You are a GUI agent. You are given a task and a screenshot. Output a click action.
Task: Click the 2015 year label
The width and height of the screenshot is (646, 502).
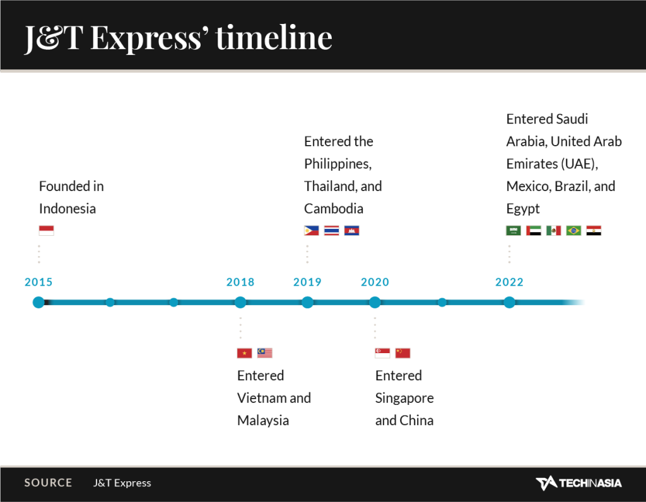click(38, 282)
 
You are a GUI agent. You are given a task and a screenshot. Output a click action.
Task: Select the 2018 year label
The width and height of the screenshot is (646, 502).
click(240, 282)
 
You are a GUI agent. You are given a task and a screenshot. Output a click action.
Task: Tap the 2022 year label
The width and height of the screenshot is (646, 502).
click(509, 282)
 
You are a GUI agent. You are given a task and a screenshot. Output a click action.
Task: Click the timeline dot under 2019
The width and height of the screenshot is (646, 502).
click(307, 302)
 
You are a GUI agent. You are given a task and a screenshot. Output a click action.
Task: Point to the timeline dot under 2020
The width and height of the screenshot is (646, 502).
click(375, 302)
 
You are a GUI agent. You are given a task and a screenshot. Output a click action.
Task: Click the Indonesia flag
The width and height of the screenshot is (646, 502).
click(46, 231)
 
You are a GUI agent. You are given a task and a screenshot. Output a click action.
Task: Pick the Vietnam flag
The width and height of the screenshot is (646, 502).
click(244, 353)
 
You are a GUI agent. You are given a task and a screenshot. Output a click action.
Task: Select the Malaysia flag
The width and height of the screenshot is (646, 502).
click(265, 353)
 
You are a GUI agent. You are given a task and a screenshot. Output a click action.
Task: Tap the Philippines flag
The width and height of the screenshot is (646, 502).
click(312, 231)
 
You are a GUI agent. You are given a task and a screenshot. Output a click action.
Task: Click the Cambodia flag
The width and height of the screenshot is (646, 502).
click(352, 231)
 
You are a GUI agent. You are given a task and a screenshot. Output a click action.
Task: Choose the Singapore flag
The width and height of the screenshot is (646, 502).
click(382, 353)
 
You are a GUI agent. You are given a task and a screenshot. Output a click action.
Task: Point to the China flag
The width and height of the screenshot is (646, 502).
click(403, 353)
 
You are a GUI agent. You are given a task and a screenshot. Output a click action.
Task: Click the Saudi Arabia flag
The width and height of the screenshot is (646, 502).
click(514, 231)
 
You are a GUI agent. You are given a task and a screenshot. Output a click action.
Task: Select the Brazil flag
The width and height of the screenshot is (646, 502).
click(573, 231)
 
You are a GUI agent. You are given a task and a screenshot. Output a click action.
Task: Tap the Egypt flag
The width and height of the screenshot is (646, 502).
click(594, 231)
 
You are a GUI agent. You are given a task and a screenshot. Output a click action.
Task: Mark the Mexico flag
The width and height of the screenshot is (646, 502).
click(554, 231)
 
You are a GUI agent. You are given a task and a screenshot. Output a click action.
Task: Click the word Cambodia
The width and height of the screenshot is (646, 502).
click(334, 209)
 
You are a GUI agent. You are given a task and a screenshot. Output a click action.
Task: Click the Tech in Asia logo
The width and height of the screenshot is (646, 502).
click(578, 483)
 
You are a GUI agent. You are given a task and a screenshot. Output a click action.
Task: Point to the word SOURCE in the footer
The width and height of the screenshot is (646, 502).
click(48, 482)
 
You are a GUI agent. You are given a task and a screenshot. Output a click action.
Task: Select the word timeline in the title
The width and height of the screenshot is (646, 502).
click(274, 37)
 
